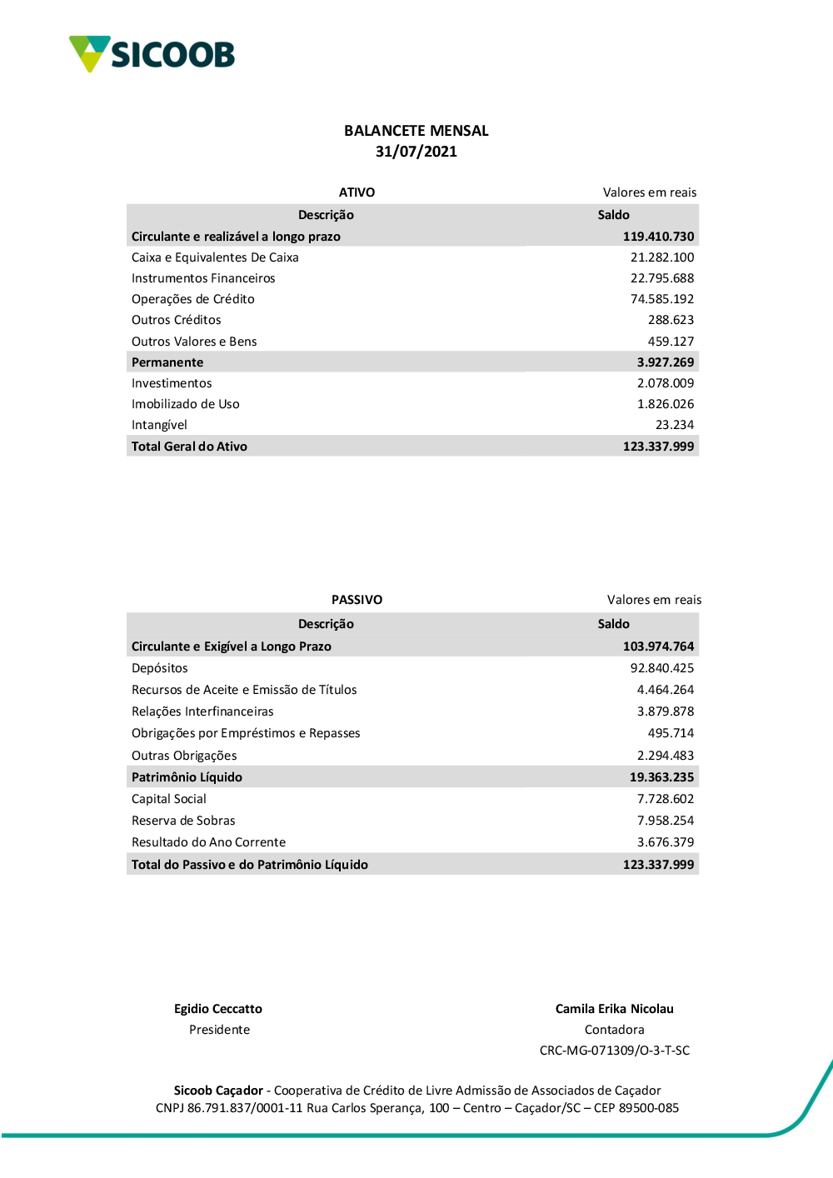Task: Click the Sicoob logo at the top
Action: tap(152, 54)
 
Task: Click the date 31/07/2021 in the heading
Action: tap(416, 152)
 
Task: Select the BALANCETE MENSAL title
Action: tap(416, 131)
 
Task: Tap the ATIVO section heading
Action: tap(357, 192)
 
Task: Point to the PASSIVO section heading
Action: tap(357, 600)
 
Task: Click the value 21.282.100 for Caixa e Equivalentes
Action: tap(661, 257)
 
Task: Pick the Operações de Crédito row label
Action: tap(192, 299)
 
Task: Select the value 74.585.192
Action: tap(661, 299)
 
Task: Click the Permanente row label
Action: tap(167, 362)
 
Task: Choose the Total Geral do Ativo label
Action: tap(189, 447)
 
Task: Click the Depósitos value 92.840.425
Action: tap(661, 668)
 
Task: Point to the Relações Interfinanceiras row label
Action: tap(202, 711)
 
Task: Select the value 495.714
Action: tap(671, 733)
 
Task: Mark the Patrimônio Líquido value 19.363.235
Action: tap(661, 777)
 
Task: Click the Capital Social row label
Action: tap(168, 799)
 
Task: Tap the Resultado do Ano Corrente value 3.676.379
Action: tap(665, 842)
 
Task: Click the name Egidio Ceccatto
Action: tap(217, 1009)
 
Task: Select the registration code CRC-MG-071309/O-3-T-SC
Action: tap(614, 1051)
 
